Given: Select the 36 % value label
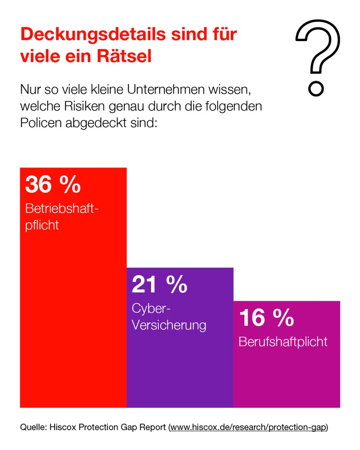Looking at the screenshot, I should [53, 185].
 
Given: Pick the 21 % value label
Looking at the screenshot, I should [159, 285].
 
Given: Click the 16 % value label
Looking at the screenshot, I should [266, 318].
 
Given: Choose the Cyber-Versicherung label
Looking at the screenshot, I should [168, 317].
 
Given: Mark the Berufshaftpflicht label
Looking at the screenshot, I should [283, 341].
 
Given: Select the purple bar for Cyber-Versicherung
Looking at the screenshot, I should [179, 370].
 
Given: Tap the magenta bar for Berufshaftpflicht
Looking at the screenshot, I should [286, 380].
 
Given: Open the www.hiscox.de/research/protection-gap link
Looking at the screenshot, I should [248, 427].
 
